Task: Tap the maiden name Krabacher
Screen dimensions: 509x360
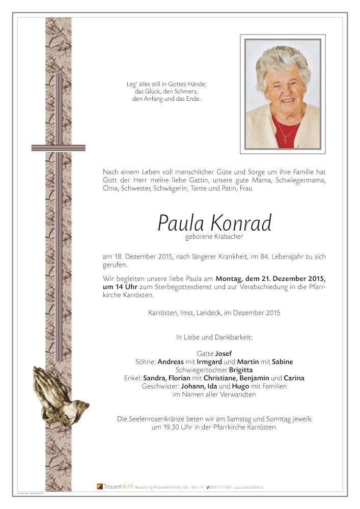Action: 225,237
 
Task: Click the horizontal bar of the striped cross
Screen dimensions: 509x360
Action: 58,148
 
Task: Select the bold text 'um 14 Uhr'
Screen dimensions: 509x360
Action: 120,288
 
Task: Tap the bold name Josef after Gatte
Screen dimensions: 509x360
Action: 224,353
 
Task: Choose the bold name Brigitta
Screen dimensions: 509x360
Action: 240,370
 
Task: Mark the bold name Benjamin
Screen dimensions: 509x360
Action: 251,378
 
